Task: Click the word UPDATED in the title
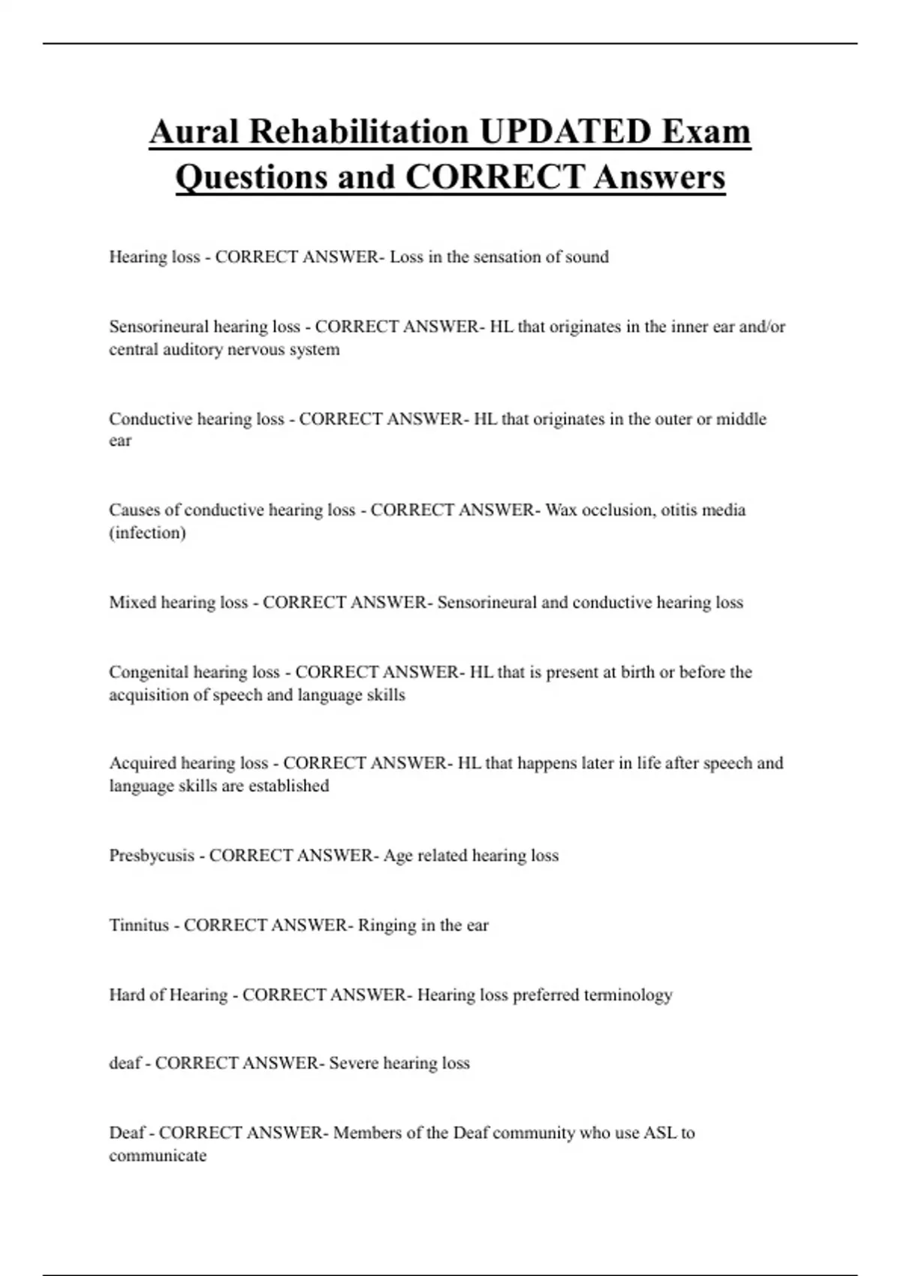[x=565, y=131]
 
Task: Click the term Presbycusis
[x=152, y=856]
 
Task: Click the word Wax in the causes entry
[x=560, y=510]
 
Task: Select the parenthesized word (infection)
[x=147, y=533]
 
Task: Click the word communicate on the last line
[x=158, y=1155]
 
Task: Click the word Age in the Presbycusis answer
[x=396, y=856]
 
